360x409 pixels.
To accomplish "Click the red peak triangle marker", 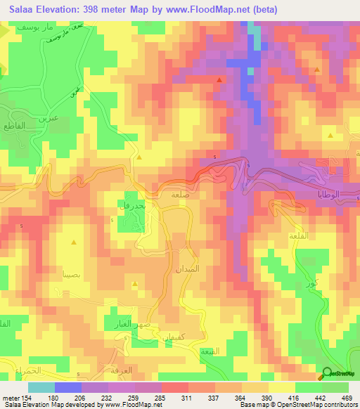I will [219, 80].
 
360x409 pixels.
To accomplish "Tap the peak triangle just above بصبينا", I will [75, 242].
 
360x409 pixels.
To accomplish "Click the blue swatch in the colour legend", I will [68, 387].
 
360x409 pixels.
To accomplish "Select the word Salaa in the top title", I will [18, 9].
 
